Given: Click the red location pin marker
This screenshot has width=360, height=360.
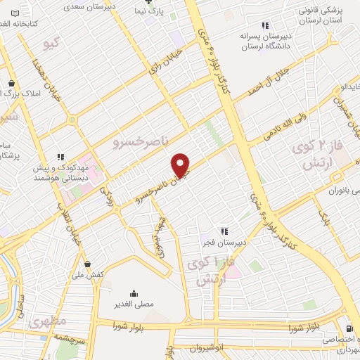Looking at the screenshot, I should click(x=181, y=165).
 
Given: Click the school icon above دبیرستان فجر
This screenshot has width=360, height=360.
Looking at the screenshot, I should click(x=224, y=231).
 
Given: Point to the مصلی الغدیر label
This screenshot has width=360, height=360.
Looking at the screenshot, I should click(x=134, y=304).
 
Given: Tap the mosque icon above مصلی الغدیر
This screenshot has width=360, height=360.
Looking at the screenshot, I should click(x=134, y=294).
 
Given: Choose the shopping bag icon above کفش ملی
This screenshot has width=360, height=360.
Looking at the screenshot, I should click(x=87, y=264).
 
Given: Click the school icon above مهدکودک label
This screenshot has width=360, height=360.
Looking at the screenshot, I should click(x=60, y=157).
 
